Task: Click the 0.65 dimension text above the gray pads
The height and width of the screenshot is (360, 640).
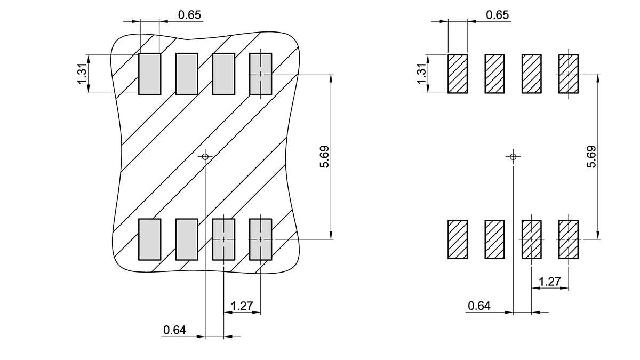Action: tap(190, 15)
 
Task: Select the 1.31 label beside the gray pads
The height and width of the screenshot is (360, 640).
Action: tap(82, 74)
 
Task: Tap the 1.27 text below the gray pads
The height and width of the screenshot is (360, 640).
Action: tap(242, 306)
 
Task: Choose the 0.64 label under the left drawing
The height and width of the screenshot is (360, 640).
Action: tap(174, 330)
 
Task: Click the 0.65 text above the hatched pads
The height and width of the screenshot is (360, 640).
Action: tap(498, 15)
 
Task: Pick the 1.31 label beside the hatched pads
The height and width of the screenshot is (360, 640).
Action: tap(422, 74)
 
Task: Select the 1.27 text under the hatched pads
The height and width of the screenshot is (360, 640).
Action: tap(550, 282)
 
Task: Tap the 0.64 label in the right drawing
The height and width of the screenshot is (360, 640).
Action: tap(479, 306)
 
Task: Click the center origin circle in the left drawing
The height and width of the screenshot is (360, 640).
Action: tap(205, 157)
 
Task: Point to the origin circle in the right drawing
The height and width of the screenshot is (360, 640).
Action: tap(513, 157)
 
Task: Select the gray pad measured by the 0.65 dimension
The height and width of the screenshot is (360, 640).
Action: tap(150, 74)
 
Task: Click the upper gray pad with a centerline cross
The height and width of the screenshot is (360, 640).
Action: tap(261, 74)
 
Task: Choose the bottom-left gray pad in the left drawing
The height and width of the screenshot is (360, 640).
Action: tap(150, 239)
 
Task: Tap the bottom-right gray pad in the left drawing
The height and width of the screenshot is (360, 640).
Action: tap(261, 239)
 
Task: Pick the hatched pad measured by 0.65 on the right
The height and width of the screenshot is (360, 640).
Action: tap(458, 74)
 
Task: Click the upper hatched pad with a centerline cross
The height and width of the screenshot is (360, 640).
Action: tap(569, 74)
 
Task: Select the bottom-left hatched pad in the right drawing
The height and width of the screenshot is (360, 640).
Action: tap(458, 239)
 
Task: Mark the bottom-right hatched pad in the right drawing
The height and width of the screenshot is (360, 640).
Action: tap(569, 239)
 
